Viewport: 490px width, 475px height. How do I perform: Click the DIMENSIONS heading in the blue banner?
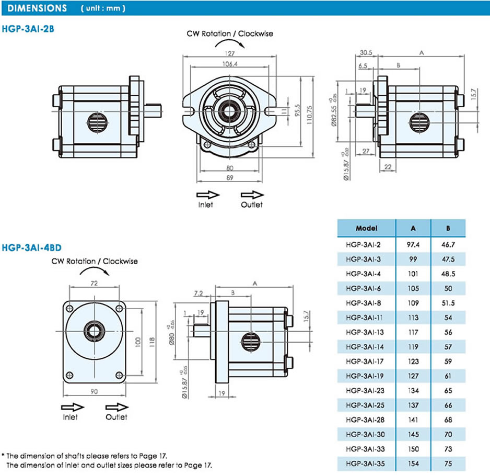pos(38,8)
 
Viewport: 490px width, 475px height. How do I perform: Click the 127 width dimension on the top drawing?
pos(230,53)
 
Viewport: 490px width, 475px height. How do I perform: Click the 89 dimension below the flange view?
pos(230,178)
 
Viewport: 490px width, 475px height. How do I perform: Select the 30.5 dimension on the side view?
pos(366,53)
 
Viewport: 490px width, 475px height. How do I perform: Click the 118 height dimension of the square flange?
pos(152,342)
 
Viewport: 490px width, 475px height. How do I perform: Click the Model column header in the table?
pos(366,229)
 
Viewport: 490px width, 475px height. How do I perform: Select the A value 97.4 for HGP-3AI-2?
pos(413,244)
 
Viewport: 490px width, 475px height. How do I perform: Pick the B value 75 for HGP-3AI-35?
pos(448,463)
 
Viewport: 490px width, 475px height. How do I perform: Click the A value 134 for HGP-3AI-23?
pos(413,390)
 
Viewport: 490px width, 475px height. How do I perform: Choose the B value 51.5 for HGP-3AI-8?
pos(448,302)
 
